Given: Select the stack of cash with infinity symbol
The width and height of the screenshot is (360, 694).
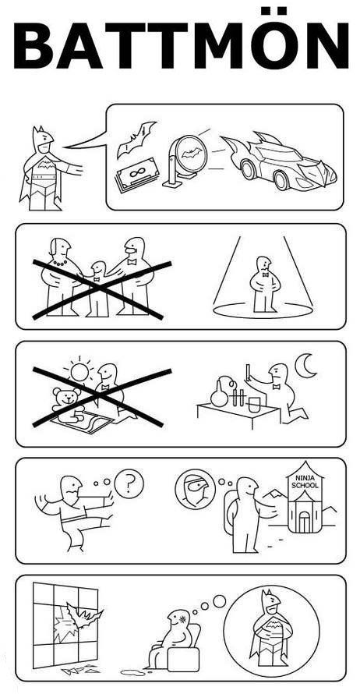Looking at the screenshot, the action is [x=136, y=175].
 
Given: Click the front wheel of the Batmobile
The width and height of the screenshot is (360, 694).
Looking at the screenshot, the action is [x=282, y=179].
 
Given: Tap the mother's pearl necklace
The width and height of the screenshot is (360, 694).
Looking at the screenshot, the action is [x=59, y=263].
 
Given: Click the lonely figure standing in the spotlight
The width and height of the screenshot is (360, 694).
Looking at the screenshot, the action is [x=264, y=283].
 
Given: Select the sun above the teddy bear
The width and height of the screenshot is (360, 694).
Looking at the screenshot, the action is [x=79, y=372].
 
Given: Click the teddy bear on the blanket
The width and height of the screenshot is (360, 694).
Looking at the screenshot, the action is [x=68, y=405].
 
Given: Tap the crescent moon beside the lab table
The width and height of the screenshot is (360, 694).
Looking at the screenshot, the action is [x=306, y=366].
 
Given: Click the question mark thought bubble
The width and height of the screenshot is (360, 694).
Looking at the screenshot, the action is [x=129, y=483].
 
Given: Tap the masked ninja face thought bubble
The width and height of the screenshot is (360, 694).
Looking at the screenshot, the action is [x=196, y=489].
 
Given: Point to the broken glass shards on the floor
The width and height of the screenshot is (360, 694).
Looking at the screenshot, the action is [x=79, y=670].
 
